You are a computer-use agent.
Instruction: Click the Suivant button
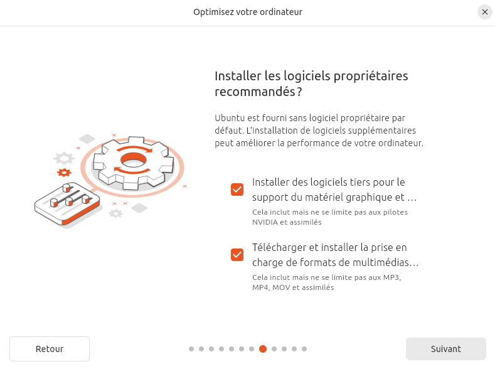tap(446, 349)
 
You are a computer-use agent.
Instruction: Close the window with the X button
tap(485, 12)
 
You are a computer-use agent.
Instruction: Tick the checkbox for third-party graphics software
tap(237, 190)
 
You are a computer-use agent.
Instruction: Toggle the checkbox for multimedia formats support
tap(237, 255)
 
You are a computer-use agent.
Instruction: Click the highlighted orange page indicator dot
tap(263, 349)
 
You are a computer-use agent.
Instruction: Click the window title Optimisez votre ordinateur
tap(248, 12)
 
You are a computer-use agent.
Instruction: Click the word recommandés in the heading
tap(255, 92)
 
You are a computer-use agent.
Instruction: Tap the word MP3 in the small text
tap(391, 277)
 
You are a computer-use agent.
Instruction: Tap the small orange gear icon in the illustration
tap(64, 173)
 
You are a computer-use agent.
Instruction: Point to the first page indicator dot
tap(191, 349)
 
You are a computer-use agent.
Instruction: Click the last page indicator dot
tap(304, 349)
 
